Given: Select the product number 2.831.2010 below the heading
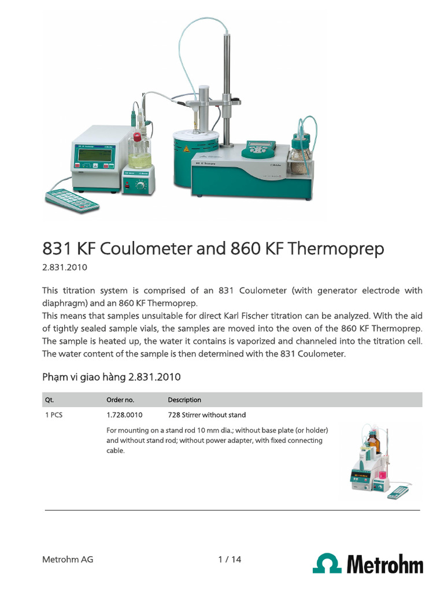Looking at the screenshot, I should pos(65,268).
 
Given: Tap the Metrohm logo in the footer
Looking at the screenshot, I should pos(368,563).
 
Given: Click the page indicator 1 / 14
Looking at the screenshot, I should pos(230,559).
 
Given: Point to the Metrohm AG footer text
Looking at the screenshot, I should pos(68,559).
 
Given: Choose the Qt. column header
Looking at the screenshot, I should pos(49,399).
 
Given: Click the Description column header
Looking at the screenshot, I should pos(184,399).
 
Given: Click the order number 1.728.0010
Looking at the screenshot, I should pos(124,415).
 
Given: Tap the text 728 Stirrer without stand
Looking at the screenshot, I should pos(206,415).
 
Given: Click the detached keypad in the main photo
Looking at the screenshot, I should pos(72,200).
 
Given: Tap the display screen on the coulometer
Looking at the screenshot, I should pos(95,154).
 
